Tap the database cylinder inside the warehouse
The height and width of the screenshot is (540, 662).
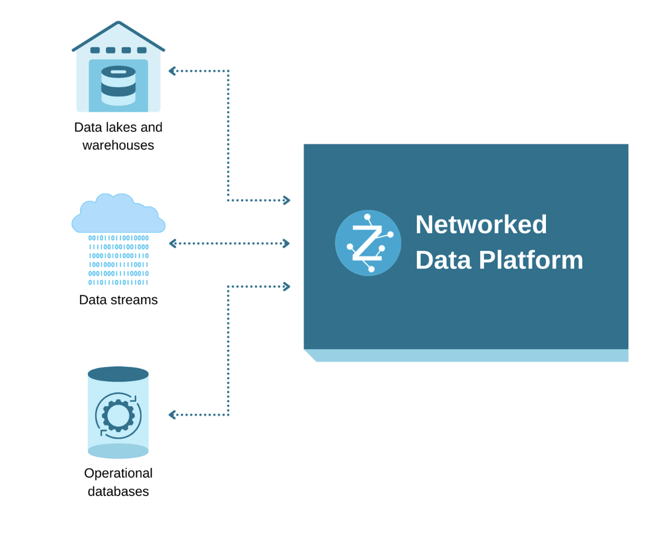tap(118, 85)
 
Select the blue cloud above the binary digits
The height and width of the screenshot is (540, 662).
tap(118, 215)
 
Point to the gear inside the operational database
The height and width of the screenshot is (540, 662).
tap(118, 415)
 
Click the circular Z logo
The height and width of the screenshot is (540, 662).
tap(368, 243)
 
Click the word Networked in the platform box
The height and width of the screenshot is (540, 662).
tap(481, 225)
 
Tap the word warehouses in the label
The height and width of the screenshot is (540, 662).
tap(118, 145)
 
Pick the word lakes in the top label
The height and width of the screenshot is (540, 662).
tap(120, 128)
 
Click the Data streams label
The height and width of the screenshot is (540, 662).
tap(118, 300)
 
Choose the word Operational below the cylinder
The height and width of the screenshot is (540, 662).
tap(118, 473)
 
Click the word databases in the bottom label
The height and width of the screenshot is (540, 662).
tap(118, 492)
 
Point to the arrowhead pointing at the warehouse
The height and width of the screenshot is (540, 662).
tap(172, 71)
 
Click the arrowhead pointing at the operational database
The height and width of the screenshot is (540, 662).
tap(172, 415)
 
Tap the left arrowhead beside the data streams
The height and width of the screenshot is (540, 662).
tap(172, 244)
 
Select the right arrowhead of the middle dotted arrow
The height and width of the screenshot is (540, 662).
tap(287, 244)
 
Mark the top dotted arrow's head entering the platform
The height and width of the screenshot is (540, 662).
tap(287, 200)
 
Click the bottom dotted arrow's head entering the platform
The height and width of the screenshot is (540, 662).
tap(287, 287)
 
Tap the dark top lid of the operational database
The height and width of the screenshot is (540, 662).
tap(118, 374)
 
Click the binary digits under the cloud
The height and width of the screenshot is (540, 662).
tap(118, 260)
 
